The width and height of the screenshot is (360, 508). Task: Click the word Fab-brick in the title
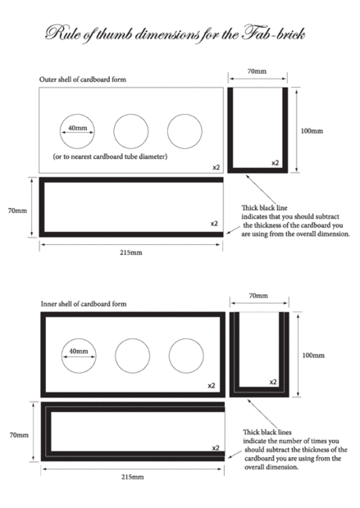(x=273, y=34)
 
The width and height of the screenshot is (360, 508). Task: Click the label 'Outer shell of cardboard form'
(x=83, y=79)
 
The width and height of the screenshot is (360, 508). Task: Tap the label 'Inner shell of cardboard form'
(x=84, y=304)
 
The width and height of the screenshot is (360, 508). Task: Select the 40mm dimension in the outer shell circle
(x=78, y=128)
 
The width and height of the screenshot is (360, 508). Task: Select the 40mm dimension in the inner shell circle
(x=79, y=351)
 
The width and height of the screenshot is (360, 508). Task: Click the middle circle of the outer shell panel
(x=131, y=114)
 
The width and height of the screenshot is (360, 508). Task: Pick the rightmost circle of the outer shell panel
(x=185, y=114)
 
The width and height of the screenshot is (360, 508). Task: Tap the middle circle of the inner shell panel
(x=132, y=338)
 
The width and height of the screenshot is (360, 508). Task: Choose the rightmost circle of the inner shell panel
(x=186, y=338)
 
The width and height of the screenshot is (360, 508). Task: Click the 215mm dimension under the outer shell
(x=131, y=252)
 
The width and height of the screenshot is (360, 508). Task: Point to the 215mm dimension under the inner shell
(x=133, y=477)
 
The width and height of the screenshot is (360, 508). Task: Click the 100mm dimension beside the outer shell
(x=312, y=131)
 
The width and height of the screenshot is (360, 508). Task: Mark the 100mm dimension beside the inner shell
(x=313, y=356)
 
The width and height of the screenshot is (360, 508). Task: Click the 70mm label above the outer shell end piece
(x=257, y=71)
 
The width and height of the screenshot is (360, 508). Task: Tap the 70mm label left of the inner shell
(x=19, y=435)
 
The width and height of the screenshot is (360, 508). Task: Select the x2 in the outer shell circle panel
(x=216, y=167)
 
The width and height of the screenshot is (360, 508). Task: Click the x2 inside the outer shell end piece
(x=275, y=163)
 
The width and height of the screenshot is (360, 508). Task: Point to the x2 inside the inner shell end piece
(x=273, y=383)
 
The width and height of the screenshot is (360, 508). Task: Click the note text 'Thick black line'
(x=264, y=208)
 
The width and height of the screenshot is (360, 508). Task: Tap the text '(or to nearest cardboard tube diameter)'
(x=110, y=156)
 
